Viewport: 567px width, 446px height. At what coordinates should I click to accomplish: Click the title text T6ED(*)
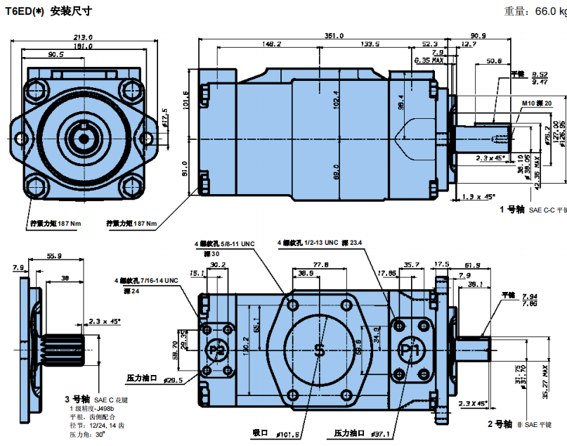pos(25,11)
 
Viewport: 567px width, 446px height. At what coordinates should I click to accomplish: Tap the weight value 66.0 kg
pos(551,11)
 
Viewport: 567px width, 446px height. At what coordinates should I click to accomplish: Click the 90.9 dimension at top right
pos(478,35)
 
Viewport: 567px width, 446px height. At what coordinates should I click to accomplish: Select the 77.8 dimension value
pos(321,265)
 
